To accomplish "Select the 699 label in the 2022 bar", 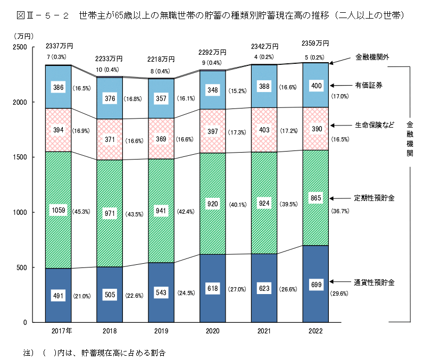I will pos(316,286).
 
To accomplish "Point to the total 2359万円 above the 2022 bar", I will pos(315,43).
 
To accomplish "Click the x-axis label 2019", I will pos(161,331).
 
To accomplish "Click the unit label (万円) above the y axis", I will pos(24,36).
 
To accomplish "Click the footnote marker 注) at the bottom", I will pos(27,352).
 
